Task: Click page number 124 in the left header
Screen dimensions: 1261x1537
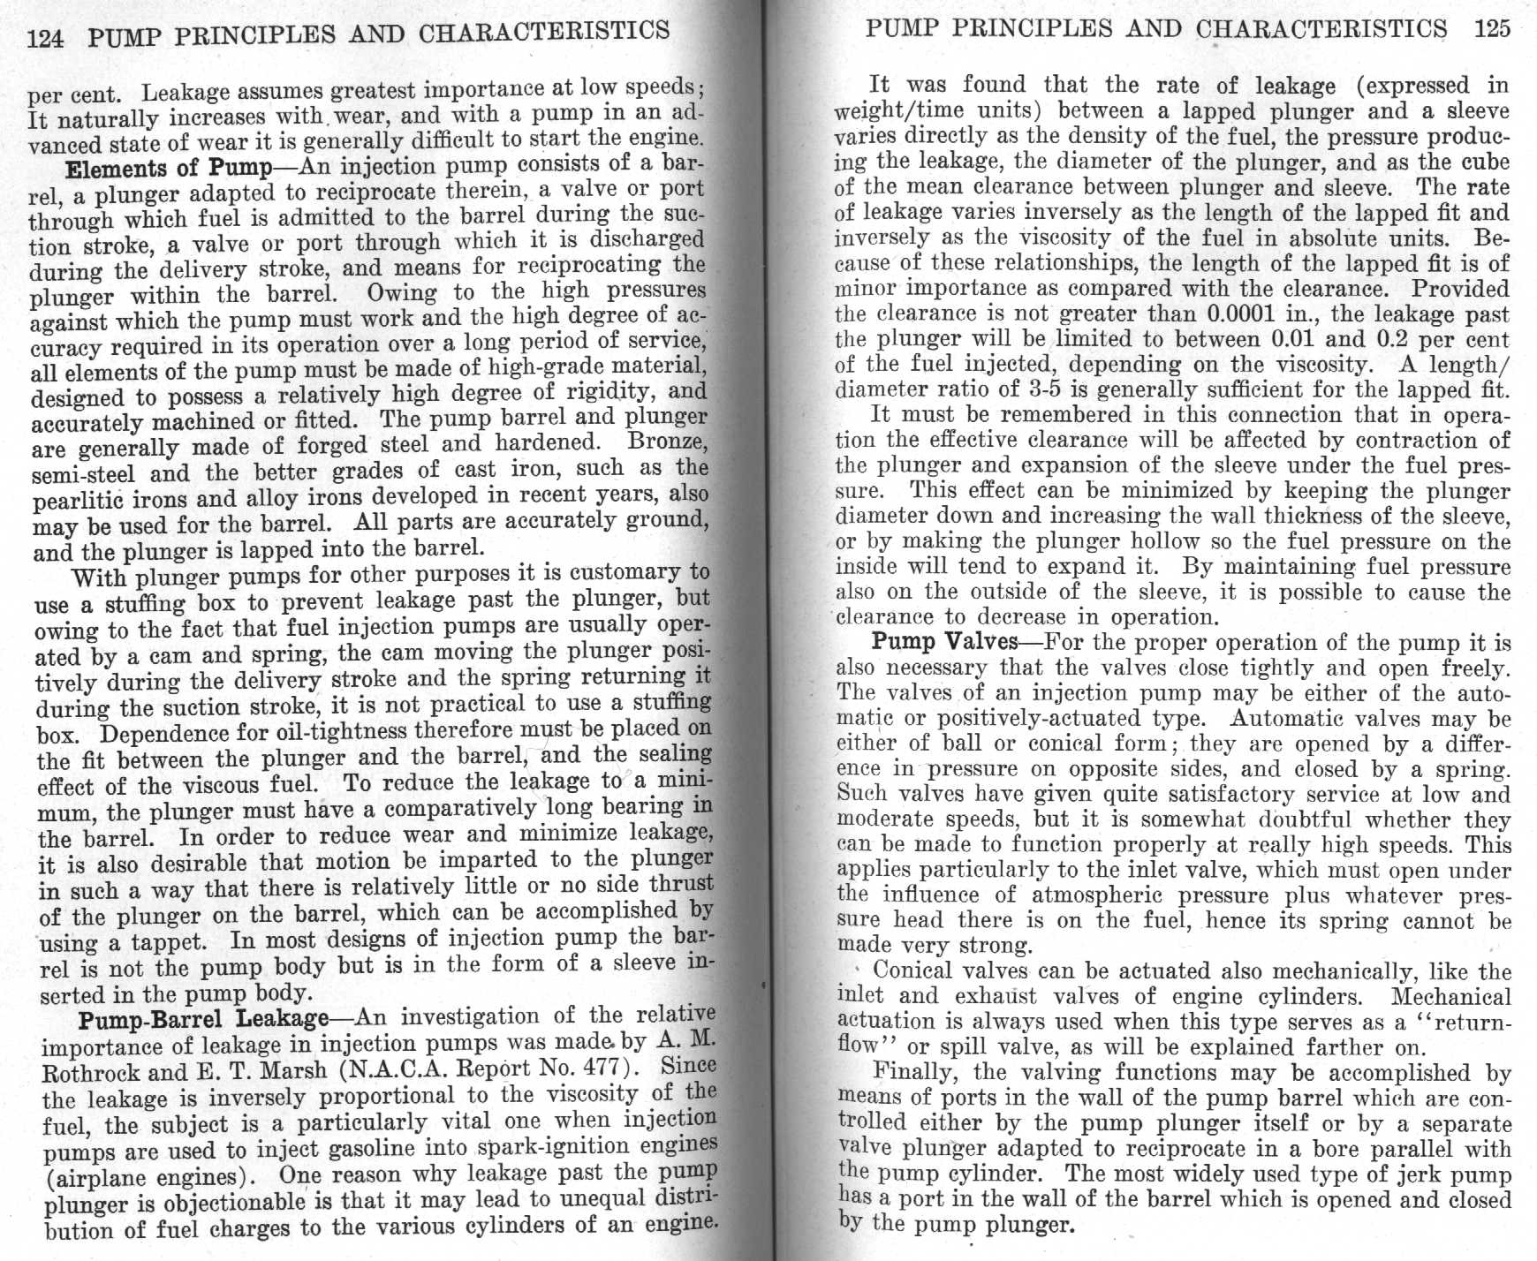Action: pos(46,39)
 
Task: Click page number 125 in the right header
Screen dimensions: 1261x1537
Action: pos(1492,29)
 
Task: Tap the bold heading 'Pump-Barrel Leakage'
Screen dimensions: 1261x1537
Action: pos(203,1019)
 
